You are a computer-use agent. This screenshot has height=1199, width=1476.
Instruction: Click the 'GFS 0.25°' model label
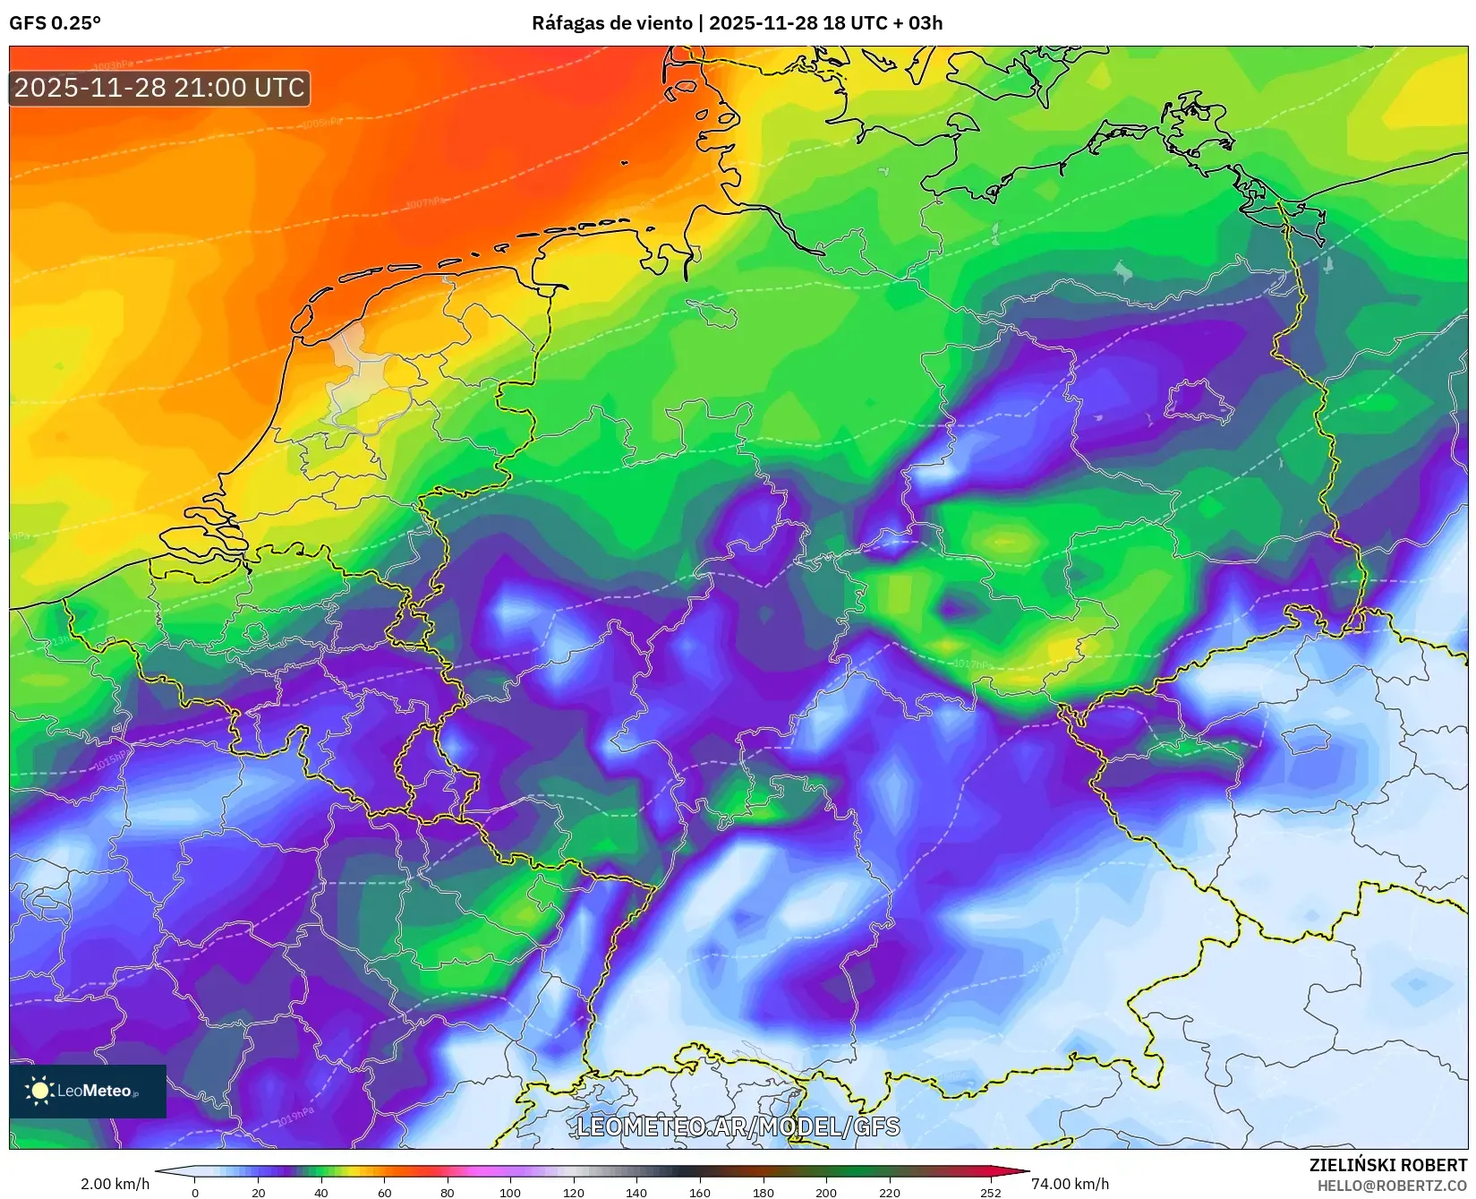click(x=55, y=23)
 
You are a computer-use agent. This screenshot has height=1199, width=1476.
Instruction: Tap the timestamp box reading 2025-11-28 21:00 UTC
click(x=159, y=88)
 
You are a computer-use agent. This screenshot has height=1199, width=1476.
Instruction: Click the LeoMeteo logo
click(x=88, y=1091)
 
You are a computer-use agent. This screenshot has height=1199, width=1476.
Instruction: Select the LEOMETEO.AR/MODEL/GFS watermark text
click(x=738, y=1126)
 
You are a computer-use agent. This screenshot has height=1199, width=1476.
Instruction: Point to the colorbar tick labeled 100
click(x=510, y=1192)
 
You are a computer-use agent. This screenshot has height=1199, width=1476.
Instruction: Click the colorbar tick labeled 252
click(x=990, y=1192)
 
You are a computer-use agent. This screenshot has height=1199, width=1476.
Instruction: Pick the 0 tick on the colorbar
click(x=195, y=1192)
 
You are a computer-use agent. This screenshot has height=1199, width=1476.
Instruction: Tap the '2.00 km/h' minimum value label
click(x=115, y=1184)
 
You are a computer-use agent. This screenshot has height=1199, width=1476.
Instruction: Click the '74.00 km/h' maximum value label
click(x=1070, y=1184)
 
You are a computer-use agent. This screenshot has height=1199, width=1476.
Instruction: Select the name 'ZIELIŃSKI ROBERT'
click(x=1387, y=1165)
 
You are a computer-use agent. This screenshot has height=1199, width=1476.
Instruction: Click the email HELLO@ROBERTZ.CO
click(x=1391, y=1186)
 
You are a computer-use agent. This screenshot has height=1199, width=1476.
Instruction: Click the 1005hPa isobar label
click(x=322, y=123)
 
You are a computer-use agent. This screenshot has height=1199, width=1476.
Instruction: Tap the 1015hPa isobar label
click(x=111, y=762)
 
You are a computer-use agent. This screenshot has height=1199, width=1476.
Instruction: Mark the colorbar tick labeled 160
click(x=699, y=1192)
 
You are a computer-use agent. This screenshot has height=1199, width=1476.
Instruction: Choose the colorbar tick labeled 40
click(x=321, y=1192)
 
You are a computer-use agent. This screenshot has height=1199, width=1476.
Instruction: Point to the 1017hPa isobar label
click(x=971, y=664)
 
